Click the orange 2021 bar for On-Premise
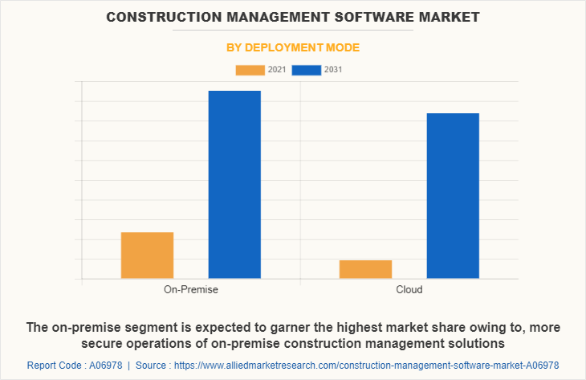click(147, 255)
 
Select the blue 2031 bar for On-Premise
click(234, 185)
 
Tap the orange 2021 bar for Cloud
click(365, 269)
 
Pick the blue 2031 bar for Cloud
click(453, 196)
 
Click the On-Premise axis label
click(191, 289)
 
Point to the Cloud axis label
click(409, 289)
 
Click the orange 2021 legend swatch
click(250, 70)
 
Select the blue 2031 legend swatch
click(307, 70)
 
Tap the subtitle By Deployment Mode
click(292, 47)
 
